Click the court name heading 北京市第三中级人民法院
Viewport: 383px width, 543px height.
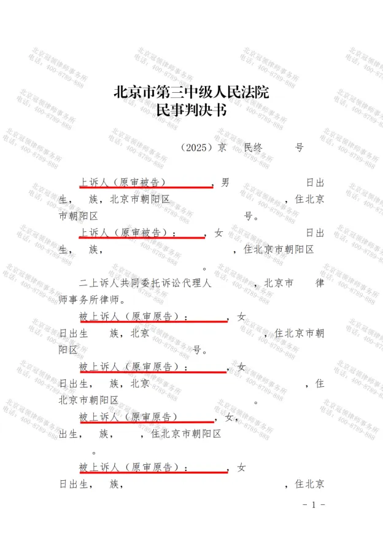[191, 93]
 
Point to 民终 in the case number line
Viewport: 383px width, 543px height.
[253, 148]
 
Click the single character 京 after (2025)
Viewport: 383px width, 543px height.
[222, 148]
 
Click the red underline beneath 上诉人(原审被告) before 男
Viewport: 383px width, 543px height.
[146, 187]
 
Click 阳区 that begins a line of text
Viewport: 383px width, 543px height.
[68, 351]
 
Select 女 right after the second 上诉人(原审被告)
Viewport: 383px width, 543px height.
[219, 233]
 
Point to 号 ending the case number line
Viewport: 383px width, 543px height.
[299, 148]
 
